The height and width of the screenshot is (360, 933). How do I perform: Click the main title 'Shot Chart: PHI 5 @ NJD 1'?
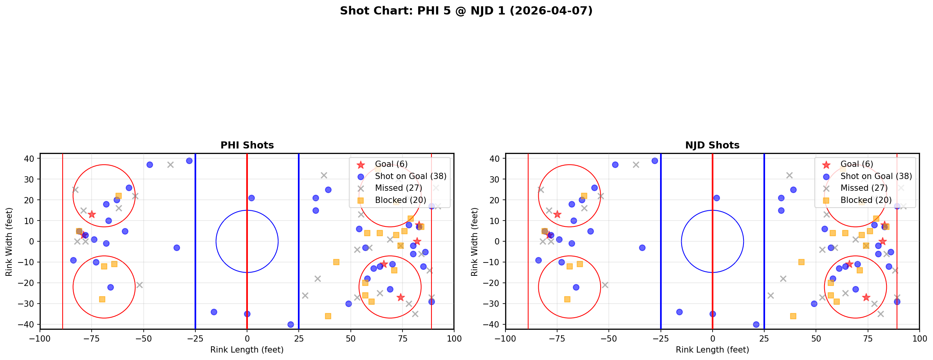[x=466, y=11]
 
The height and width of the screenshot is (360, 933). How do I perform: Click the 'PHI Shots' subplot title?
[x=247, y=145]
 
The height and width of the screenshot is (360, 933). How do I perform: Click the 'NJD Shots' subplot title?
[x=712, y=145]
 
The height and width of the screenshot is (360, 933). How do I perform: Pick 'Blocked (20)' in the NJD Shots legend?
[x=866, y=200]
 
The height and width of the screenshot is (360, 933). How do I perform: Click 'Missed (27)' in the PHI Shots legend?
[x=398, y=188]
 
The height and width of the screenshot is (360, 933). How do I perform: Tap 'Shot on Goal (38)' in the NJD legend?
[x=876, y=176]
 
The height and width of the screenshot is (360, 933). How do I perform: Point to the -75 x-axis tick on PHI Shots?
[x=92, y=338]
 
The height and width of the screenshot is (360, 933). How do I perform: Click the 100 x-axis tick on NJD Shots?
[x=919, y=338]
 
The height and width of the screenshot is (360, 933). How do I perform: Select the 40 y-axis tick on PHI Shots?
[x=31, y=159]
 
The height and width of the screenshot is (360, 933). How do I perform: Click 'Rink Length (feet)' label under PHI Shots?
[x=247, y=350]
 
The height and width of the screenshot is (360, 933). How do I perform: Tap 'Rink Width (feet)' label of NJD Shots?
[x=475, y=241]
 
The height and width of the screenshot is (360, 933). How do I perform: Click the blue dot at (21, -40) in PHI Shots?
[x=291, y=324]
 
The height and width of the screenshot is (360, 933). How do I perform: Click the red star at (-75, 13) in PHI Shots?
[x=92, y=214]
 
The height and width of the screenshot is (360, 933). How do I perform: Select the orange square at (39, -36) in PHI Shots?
[x=328, y=316]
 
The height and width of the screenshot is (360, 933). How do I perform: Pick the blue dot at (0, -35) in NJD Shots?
[x=713, y=314]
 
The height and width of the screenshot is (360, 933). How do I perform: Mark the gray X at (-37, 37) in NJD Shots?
[x=636, y=165]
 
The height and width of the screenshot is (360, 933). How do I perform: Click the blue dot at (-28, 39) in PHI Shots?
[x=189, y=161]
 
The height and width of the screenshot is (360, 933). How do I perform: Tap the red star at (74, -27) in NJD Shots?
[x=866, y=297]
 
